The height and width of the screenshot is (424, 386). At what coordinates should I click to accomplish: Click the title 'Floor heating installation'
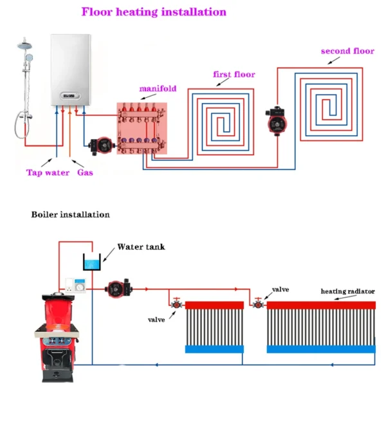154,12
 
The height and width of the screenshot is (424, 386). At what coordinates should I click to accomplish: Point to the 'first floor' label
234,75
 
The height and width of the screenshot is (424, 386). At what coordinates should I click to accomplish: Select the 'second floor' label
347,51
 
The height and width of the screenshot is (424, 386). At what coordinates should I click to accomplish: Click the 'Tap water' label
47,172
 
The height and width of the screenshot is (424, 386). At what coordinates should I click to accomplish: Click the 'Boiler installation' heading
70,214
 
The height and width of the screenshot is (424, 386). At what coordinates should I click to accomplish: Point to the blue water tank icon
93,262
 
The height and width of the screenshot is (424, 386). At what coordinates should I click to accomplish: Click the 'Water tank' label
141,247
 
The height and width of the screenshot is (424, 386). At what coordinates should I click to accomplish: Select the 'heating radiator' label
347,291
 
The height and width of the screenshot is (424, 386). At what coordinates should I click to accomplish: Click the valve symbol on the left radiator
174,303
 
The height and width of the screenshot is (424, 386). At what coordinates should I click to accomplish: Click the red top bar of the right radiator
320,305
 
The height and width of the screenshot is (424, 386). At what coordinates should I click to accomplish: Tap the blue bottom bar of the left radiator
214,349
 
